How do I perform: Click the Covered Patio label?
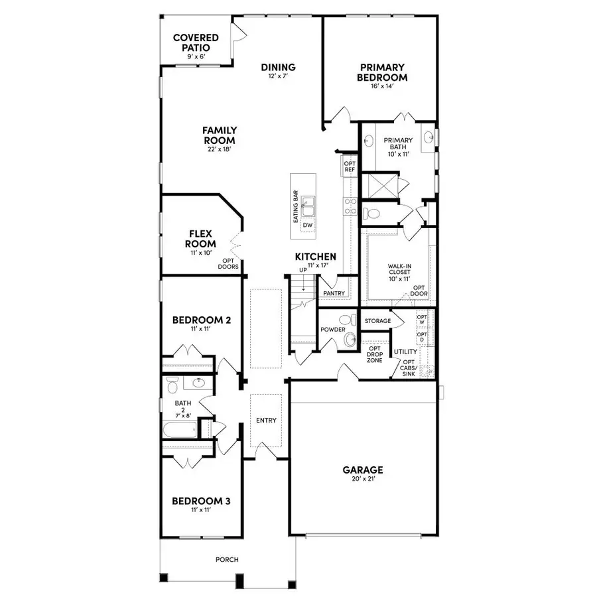point(196,44)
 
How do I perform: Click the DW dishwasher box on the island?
point(307,226)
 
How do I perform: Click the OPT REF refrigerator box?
point(350,166)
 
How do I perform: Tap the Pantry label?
point(334,293)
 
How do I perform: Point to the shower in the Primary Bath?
point(381,184)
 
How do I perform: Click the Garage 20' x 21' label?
point(362,474)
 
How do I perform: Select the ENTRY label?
point(266,421)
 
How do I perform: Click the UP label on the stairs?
point(303,270)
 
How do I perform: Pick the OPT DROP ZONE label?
point(375,354)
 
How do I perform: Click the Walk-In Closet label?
point(399,273)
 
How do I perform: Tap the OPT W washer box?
point(421,320)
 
